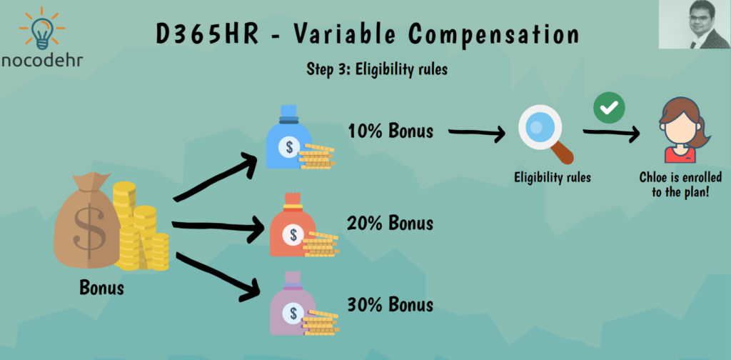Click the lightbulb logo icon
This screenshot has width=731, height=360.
pos(42,29)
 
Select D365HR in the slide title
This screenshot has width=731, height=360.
pos(207,34)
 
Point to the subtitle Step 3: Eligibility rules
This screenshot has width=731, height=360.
pos(377,69)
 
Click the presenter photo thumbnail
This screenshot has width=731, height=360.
pos(694,24)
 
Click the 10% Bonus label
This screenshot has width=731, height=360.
pos(390,131)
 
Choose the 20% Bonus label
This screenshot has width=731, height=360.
pos(390,224)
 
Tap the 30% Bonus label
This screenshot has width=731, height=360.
pos(390,304)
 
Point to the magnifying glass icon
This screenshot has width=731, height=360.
pos(545,134)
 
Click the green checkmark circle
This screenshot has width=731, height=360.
pos(609,108)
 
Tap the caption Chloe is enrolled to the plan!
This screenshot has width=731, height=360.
pos(680,185)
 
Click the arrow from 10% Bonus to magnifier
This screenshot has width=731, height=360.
pos(477,133)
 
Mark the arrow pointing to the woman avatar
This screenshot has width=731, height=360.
pos(611,134)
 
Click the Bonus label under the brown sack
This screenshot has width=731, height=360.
pos(101,288)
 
